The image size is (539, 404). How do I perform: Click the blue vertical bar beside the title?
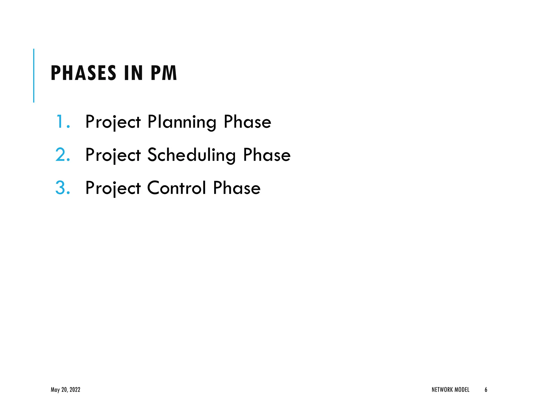click(x=34, y=75)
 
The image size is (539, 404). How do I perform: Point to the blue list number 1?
click(x=62, y=122)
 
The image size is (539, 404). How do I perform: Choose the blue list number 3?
click(x=63, y=188)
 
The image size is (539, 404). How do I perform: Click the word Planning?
click(x=182, y=122)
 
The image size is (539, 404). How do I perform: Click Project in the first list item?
click(x=113, y=122)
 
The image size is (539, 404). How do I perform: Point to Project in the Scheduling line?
click(x=113, y=155)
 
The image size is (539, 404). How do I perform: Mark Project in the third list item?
click(x=113, y=188)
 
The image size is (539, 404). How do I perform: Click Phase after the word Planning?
click(x=247, y=122)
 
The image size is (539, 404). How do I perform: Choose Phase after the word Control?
click(x=237, y=188)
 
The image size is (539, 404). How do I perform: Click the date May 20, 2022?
click(x=66, y=390)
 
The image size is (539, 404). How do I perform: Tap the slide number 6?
click(x=486, y=390)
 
